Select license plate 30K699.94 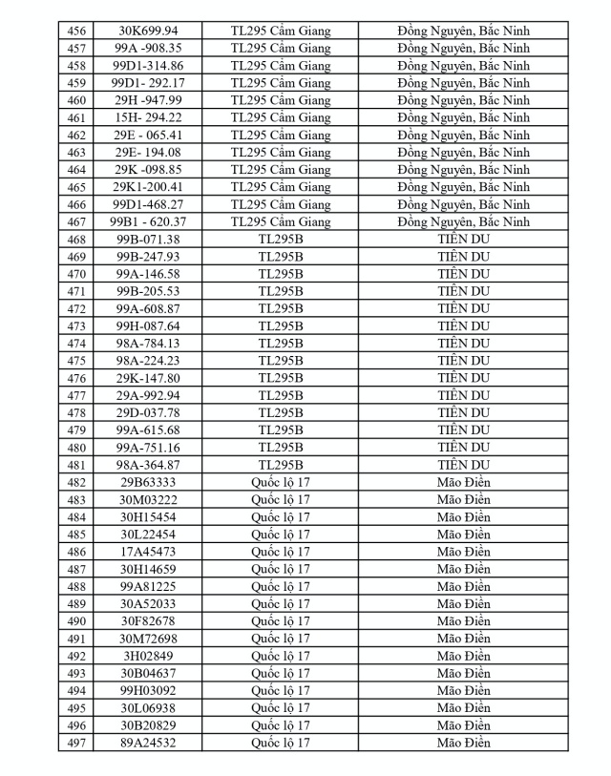tap(147, 31)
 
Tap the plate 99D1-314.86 tap(147, 66)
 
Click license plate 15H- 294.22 tap(147, 117)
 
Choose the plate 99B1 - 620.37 tap(147, 221)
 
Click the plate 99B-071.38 tap(147, 239)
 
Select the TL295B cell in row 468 tap(281, 239)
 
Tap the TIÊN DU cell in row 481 tap(463, 465)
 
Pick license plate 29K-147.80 tap(147, 378)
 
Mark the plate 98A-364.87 tap(147, 465)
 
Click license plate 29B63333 tap(147, 482)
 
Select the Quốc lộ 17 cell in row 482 tap(281, 482)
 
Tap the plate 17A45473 tap(147, 552)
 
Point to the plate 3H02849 tap(147, 656)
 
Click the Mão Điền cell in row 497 tap(463, 743)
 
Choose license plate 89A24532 tap(147, 743)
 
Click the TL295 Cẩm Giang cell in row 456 tap(281, 31)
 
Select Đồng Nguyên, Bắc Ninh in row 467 tap(463, 221)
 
